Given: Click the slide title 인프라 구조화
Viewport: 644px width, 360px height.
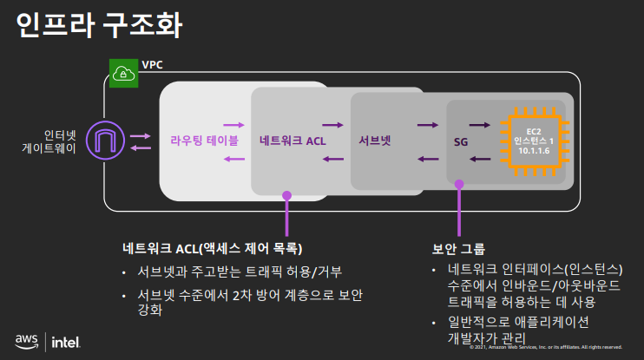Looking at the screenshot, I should [x=100, y=25].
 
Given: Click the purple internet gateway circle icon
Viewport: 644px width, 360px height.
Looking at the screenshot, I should [x=107, y=141].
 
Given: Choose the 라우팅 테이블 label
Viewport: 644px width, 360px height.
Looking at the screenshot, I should [x=204, y=139].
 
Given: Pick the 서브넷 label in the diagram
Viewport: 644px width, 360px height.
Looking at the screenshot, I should [x=375, y=139].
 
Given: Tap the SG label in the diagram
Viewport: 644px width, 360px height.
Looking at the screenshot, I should [x=461, y=140].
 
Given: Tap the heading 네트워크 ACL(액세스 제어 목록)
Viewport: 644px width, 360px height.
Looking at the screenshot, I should [x=212, y=248].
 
